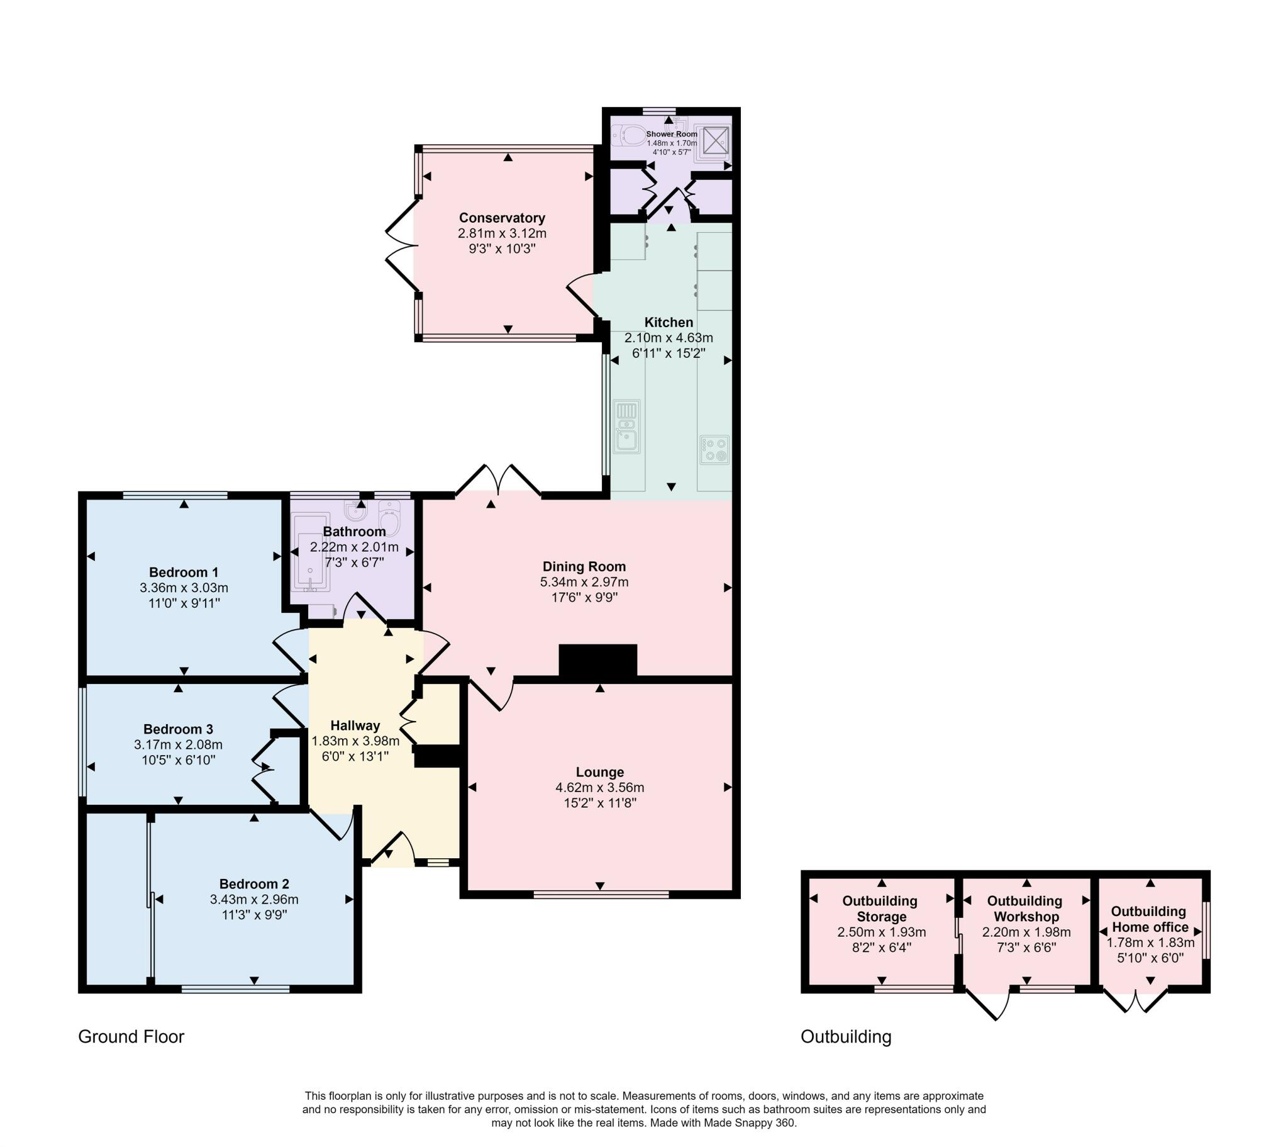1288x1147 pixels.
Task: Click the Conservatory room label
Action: pyautogui.click(x=502, y=218)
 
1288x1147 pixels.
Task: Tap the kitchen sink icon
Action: pyautogui.click(x=627, y=427)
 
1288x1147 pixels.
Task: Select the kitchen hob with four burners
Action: pyautogui.click(x=714, y=450)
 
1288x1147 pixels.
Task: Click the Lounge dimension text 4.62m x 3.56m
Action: pyautogui.click(x=600, y=788)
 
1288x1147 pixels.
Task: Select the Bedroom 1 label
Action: pyautogui.click(x=184, y=573)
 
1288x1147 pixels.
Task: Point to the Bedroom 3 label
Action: pyautogui.click(x=178, y=730)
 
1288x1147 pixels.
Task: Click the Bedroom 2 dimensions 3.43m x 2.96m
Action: pyautogui.click(x=254, y=900)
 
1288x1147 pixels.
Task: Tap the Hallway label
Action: pyautogui.click(x=355, y=726)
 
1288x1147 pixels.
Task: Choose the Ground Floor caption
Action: pyautogui.click(x=131, y=1037)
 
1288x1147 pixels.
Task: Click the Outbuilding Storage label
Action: pyautogui.click(x=880, y=909)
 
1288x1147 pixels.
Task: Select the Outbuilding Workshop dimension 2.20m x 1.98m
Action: pyautogui.click(x=1026, y=932)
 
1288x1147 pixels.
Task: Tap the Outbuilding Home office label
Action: pyautogui.click(x=1150, y=919)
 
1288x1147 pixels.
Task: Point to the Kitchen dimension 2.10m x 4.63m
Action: pyautogui.click(x=669, y=338)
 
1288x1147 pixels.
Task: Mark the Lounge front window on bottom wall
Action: pyautogui.click(x=601, y=893)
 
